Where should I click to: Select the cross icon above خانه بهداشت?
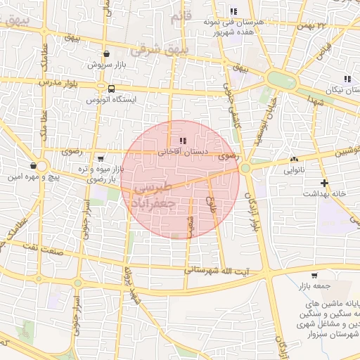pos(324,183)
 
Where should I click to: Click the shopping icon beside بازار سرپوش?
pos(106,53)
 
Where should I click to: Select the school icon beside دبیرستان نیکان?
pos(347,79)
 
